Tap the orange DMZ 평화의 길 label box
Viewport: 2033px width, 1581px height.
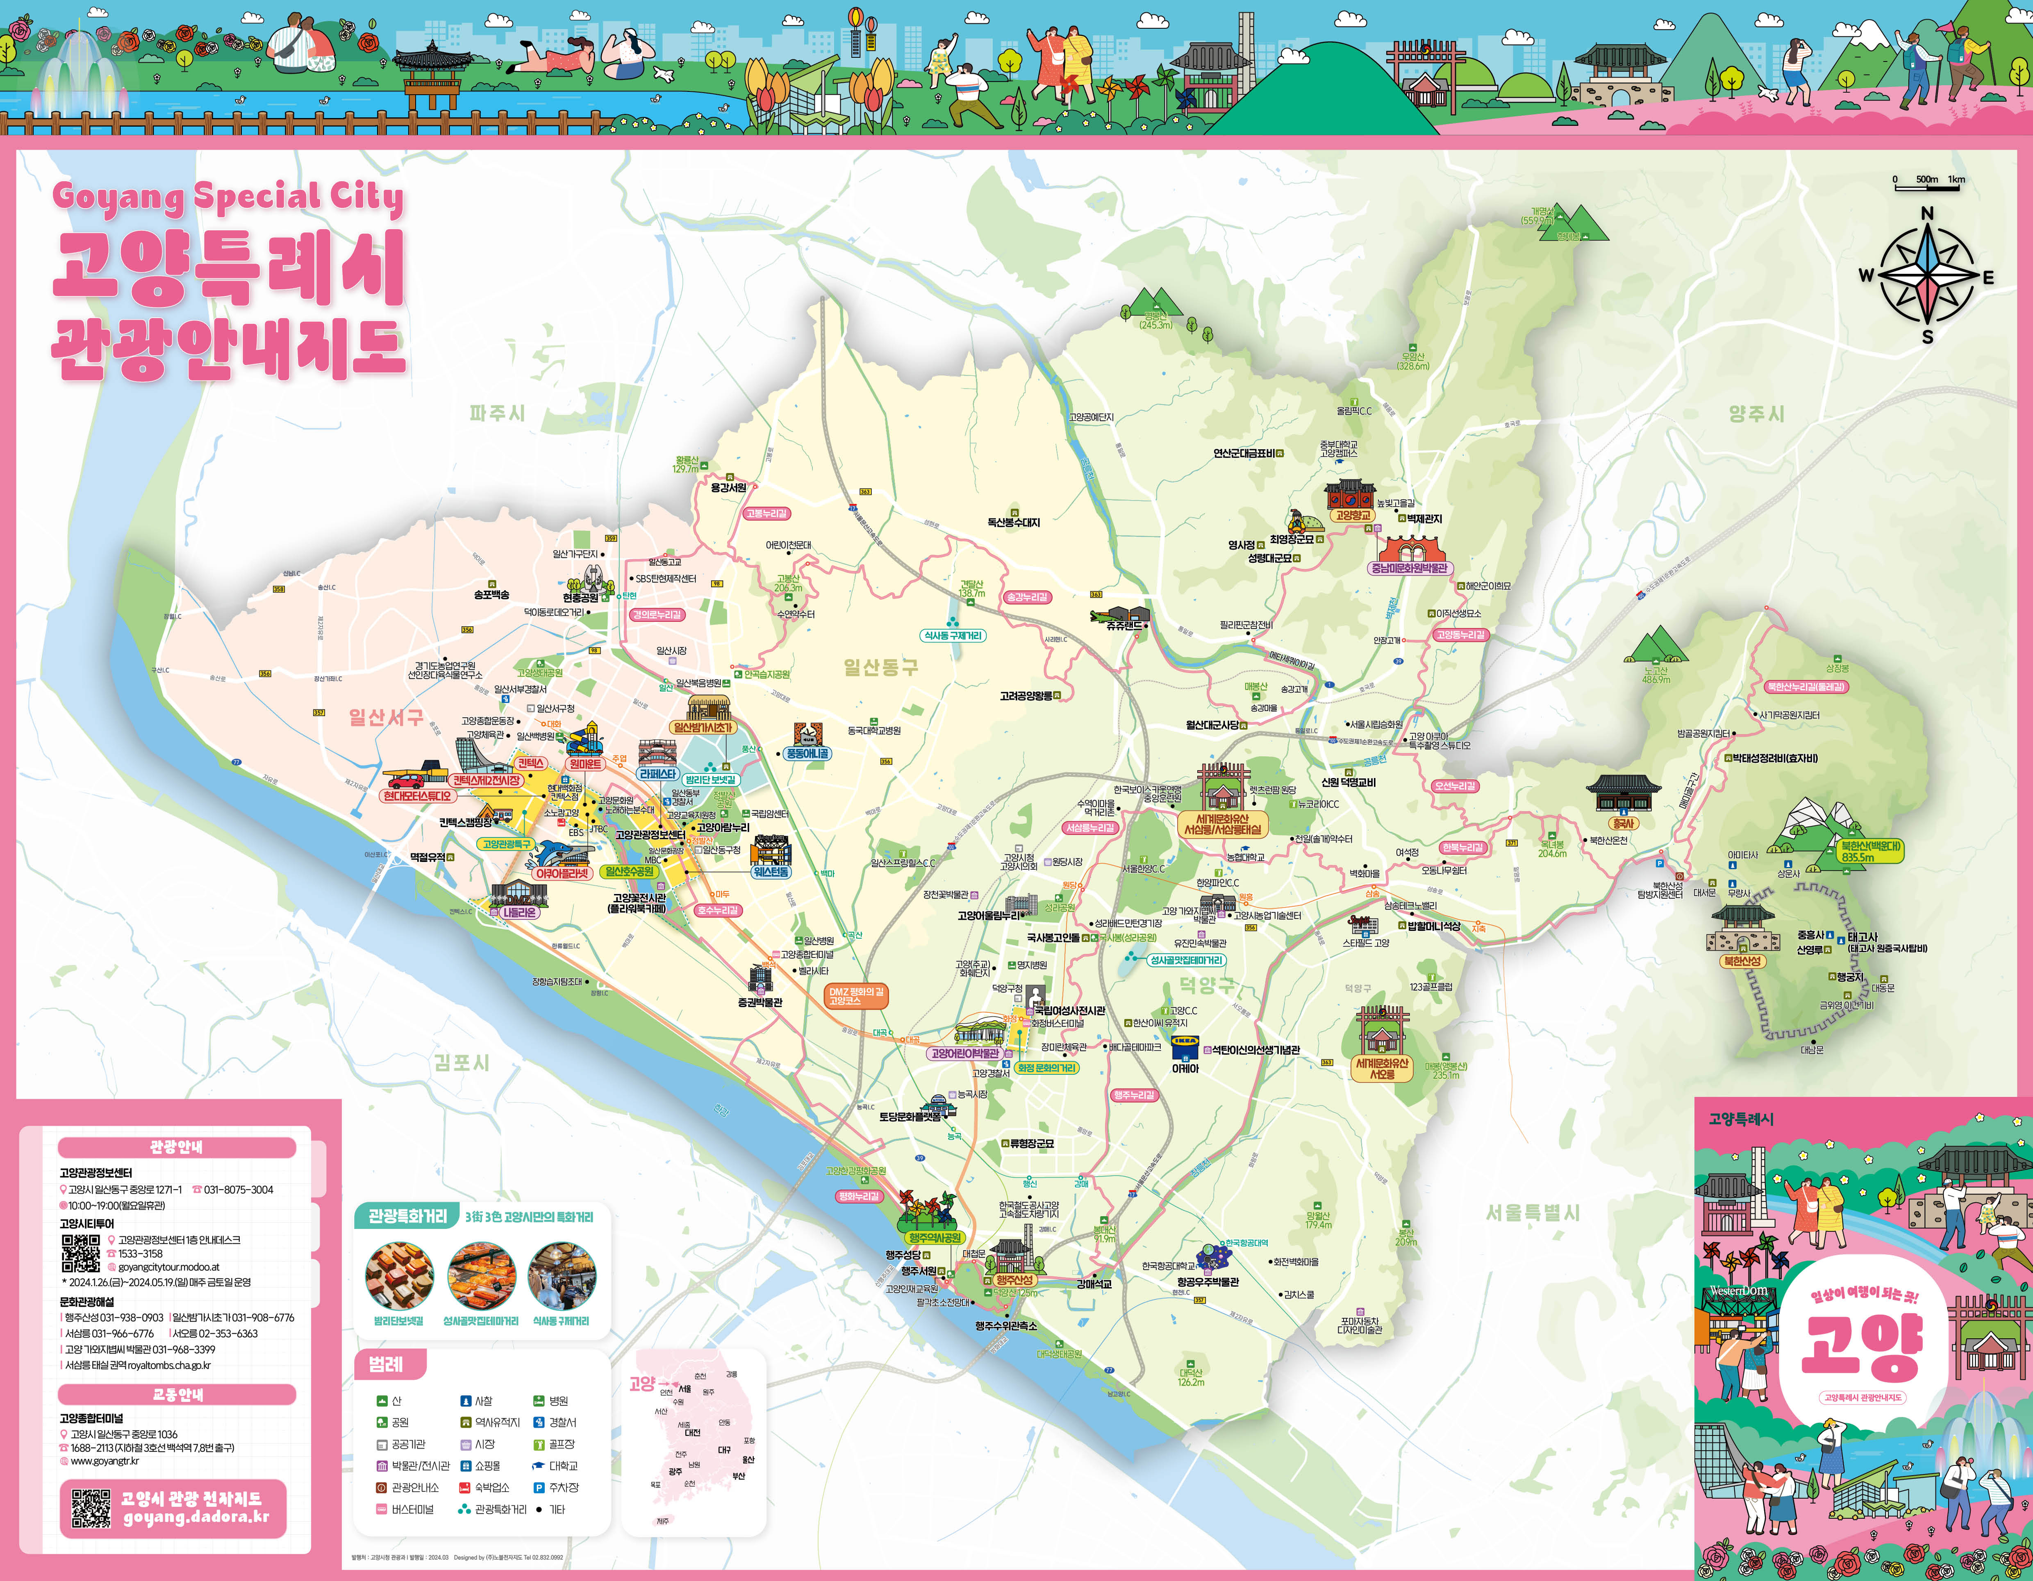[857, 996]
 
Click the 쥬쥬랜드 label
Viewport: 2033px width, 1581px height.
[1125, 626]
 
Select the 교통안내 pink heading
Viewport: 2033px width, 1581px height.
[177, 1394]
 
